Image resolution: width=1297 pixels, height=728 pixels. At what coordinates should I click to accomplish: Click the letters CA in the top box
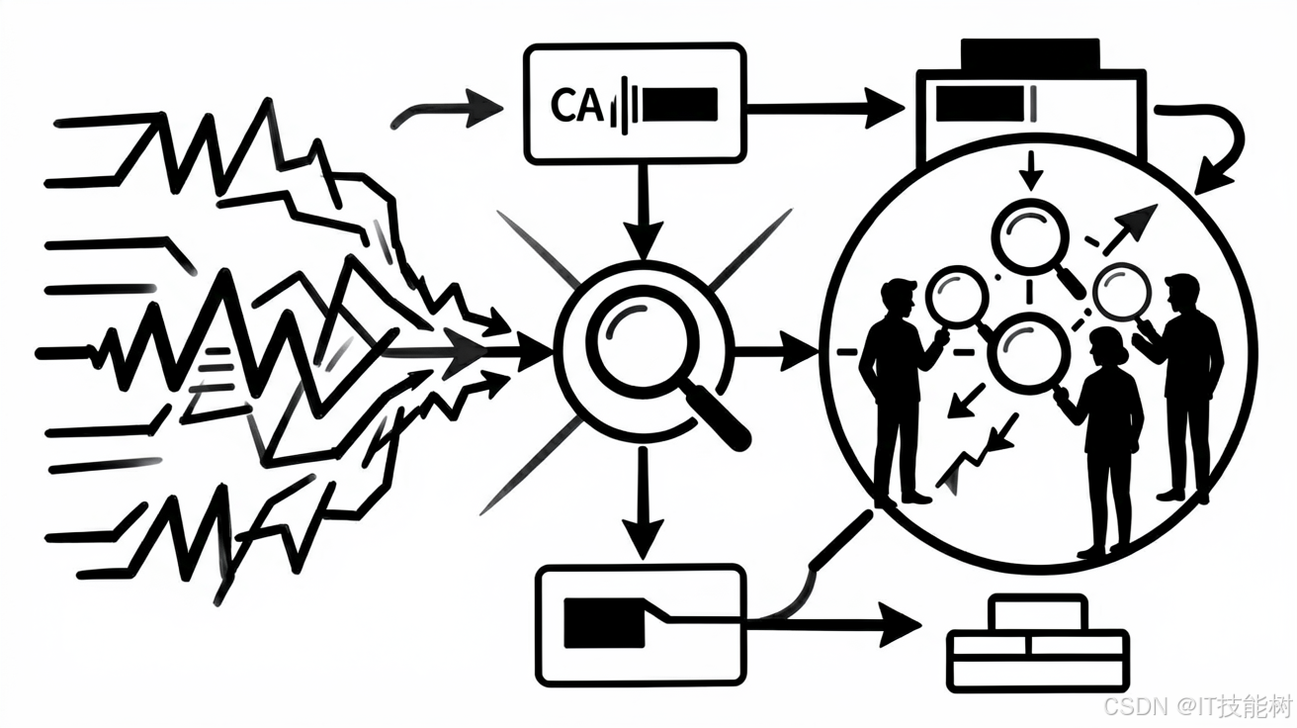coord(576,105)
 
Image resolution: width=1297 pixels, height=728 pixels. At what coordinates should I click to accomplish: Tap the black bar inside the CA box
coord(680,104)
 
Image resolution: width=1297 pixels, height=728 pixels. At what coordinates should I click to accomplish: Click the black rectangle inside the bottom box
coord(604,623)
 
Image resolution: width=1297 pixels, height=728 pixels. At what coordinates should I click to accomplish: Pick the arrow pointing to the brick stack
coord(833,624)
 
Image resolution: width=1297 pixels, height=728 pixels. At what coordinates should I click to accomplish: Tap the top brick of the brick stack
coord(1037,613)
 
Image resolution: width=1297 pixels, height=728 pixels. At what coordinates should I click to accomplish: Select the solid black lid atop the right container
coord(1029,53)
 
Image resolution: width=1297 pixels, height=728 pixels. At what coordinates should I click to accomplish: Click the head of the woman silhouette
coord(1107,346)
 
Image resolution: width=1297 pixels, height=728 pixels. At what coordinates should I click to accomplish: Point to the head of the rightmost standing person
coord(1182,293)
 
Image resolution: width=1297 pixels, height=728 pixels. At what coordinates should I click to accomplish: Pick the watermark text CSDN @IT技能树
coord(1197,706)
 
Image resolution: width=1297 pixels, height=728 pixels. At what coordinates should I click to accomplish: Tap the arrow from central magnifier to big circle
coord(776,350)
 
